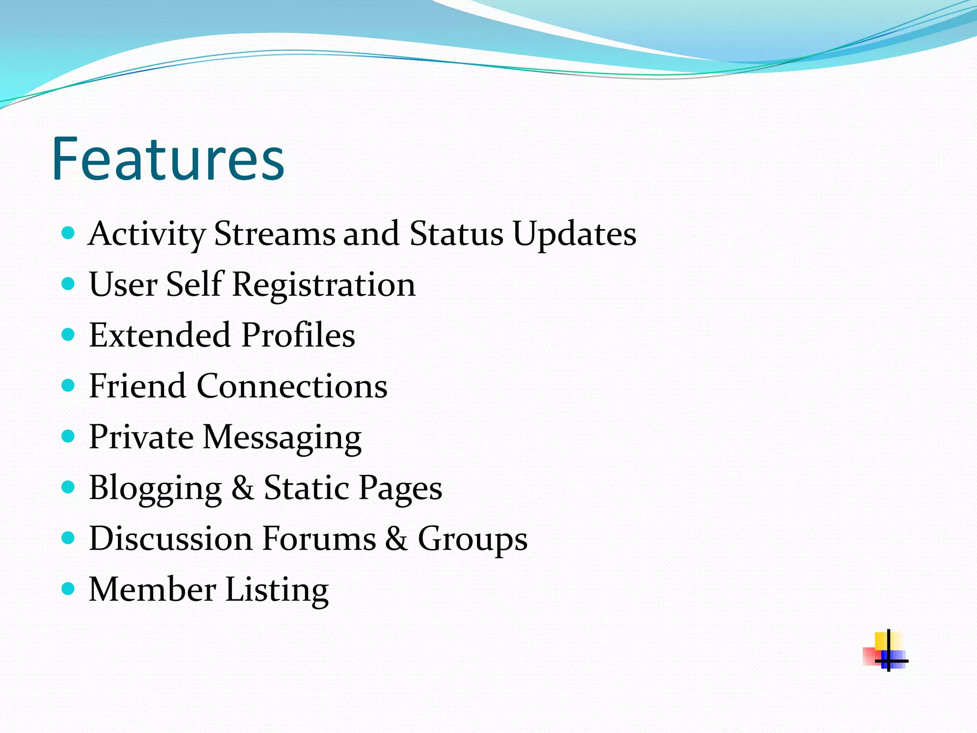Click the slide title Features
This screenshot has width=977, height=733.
(x=168, y=159)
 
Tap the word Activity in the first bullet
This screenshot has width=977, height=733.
(x=146, y=234)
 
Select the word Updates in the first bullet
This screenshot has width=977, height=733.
(x=574, y=234)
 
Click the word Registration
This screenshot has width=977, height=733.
(x=323, y=284)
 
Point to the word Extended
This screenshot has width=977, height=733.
(x=160, y=335)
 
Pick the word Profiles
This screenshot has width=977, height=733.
(x=298, y=335)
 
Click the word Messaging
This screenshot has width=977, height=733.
(x=282, y=438)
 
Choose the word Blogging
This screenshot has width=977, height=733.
(x=156, y=489)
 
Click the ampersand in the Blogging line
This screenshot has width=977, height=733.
(x=243, y=488)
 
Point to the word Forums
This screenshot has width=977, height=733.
(x=319, y=539)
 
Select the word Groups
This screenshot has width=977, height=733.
(x=472, y=540)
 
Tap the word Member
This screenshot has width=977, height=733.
(x=152, y=589)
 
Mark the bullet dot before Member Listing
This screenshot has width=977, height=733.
(x=69, y=589)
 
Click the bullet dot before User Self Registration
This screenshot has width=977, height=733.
(x=69, y=284)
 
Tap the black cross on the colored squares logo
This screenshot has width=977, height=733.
(x=889, y=660)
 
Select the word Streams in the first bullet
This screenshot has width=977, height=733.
(x=274, y=234)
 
